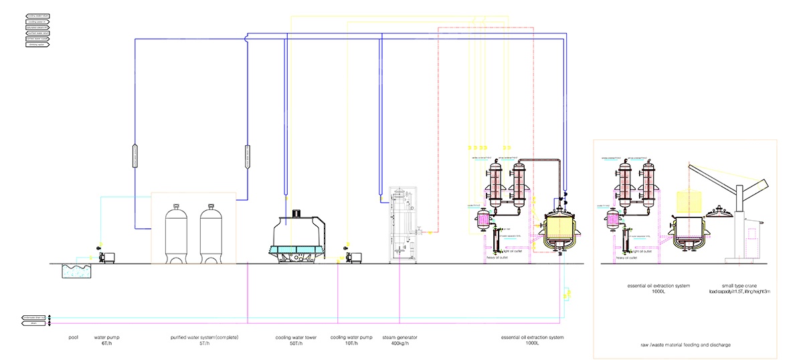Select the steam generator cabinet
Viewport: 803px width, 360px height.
[401, 224]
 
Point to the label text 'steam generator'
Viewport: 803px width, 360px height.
[399, 337]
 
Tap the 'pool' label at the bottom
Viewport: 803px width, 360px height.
[74, 337]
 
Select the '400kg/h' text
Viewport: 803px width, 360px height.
[399, 343]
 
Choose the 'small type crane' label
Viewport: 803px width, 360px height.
[735, 286]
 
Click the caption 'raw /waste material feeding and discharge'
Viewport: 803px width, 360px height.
[685, 345]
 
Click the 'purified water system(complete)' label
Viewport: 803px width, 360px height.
[204, 337]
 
